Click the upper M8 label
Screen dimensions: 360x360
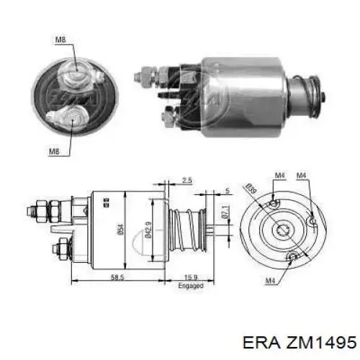(61, 40)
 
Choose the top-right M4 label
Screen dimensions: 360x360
(303, 174)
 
